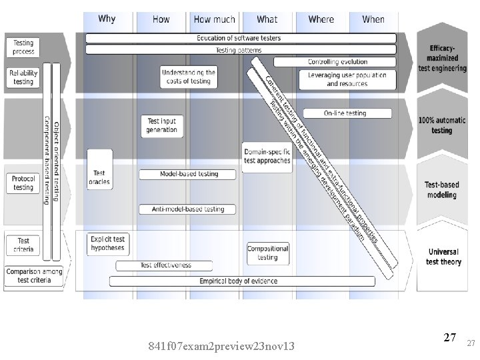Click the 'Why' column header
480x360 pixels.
[x=107, y=19]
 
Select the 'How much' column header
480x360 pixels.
[x=214, y=19]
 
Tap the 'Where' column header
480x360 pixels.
[x=321, y=19]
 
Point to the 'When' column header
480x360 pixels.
[x=373, y=19]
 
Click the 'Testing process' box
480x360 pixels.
[x=23, y=47]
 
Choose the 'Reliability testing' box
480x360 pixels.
[x=23, y=77]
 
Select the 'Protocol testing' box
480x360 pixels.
[x=23, y=183]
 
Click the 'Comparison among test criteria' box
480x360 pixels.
[x=33, y=276]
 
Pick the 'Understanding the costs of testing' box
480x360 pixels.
[x=189, y=77]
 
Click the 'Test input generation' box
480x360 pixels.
[x=162, y=125]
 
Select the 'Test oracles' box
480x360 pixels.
[x=99, y=177]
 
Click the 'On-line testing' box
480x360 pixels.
[x=345, y=113]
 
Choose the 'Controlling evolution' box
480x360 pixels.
[x=337, y=62]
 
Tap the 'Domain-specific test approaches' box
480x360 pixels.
[x=267, y=156]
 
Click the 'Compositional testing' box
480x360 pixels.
[x=267, y=253]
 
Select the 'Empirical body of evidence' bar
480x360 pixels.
[x=238, y=281]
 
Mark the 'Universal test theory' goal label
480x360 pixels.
[x=443, y=257]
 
